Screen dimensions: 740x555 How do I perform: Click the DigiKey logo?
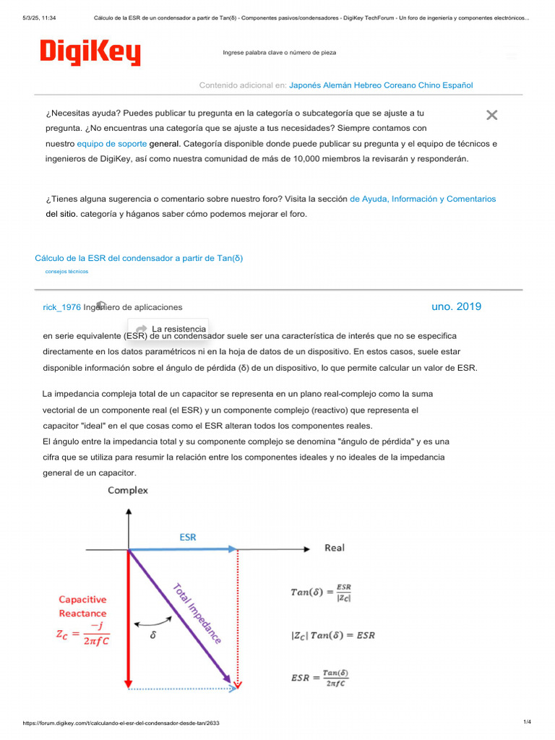[90, 52]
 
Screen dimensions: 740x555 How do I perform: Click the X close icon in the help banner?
[492, 115]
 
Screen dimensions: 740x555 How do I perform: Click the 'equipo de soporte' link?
[111, 144]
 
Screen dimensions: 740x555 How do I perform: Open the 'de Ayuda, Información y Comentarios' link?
[423, 199]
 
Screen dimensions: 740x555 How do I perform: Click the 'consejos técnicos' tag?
[66, 272]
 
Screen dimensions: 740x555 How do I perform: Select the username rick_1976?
[62, 307]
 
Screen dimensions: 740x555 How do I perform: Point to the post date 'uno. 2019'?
[456, 306]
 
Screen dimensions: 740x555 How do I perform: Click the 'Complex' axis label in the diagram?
[128, 490]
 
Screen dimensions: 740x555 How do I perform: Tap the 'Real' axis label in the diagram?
[335, 548]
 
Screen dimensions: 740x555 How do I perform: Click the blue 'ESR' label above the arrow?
[188, 537]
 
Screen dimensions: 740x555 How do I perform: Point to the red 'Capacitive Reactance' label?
[82, 606]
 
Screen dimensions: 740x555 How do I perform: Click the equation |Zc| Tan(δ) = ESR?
[332, 636]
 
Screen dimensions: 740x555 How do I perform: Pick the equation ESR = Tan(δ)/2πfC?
[319, 678]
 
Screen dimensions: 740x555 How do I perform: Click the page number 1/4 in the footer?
[527, 722]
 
